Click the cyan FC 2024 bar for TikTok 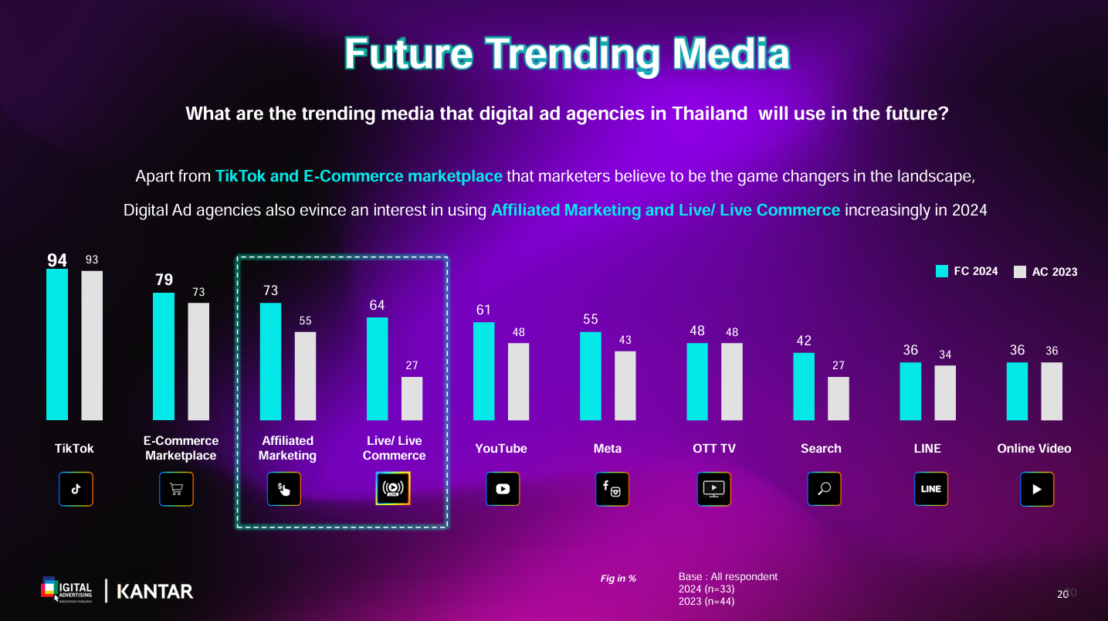coord(57,344)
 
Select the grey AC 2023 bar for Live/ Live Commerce coord(412,399)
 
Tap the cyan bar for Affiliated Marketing coord(270,361)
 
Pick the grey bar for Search coord(839,399)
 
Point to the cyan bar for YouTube coord(483,371)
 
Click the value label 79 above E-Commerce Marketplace coord(164,280)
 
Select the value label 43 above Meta coord(625,340)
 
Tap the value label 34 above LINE coord(945,355)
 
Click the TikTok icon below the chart coord(76,489)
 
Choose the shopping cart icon coord(176,489)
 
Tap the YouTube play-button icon coord(503,489)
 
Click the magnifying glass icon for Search coord(824,489)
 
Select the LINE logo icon coord(930,489)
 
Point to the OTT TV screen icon coord(713,489)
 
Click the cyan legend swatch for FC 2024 coord(941,271)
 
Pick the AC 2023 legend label coord(1054,272)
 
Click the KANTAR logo coord(154,592)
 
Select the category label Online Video coord(1034,448)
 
